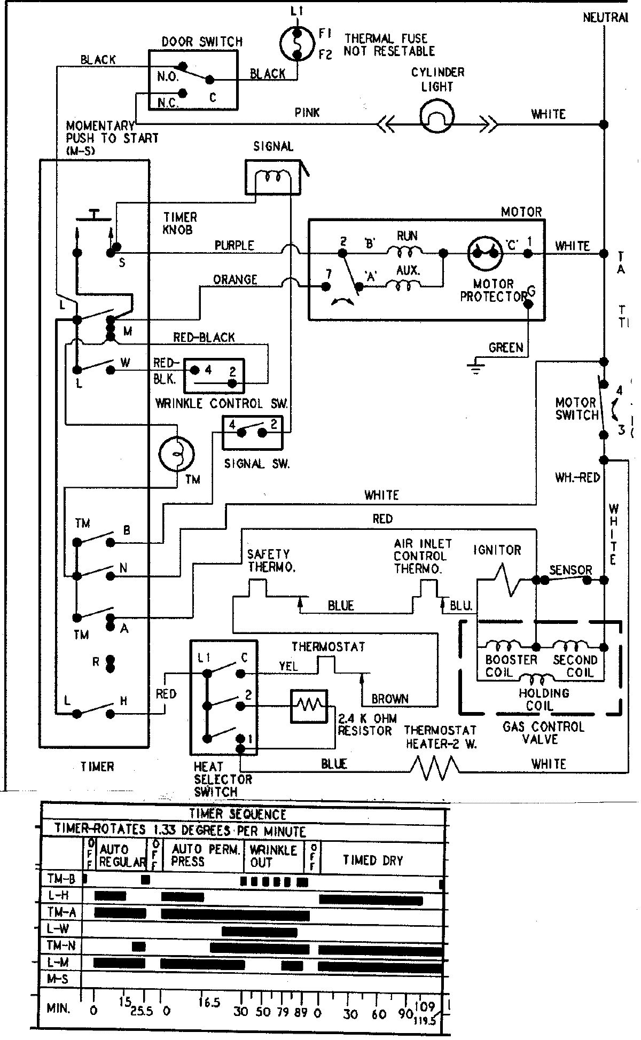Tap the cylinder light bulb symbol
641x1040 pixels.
[436, 117]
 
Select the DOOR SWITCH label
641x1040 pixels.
[202, 42]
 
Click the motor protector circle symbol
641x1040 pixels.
[485, 253]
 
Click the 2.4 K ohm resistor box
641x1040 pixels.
[309, 706]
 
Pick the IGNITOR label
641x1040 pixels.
[497, 550]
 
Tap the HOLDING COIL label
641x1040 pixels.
[544, 699]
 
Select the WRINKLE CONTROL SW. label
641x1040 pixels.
[221, 404]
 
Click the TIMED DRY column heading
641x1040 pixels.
[373, 860]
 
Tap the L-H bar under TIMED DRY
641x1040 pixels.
[371, 900]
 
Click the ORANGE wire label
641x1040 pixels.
[235, 280]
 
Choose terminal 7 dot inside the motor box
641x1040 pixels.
[325, 287]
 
